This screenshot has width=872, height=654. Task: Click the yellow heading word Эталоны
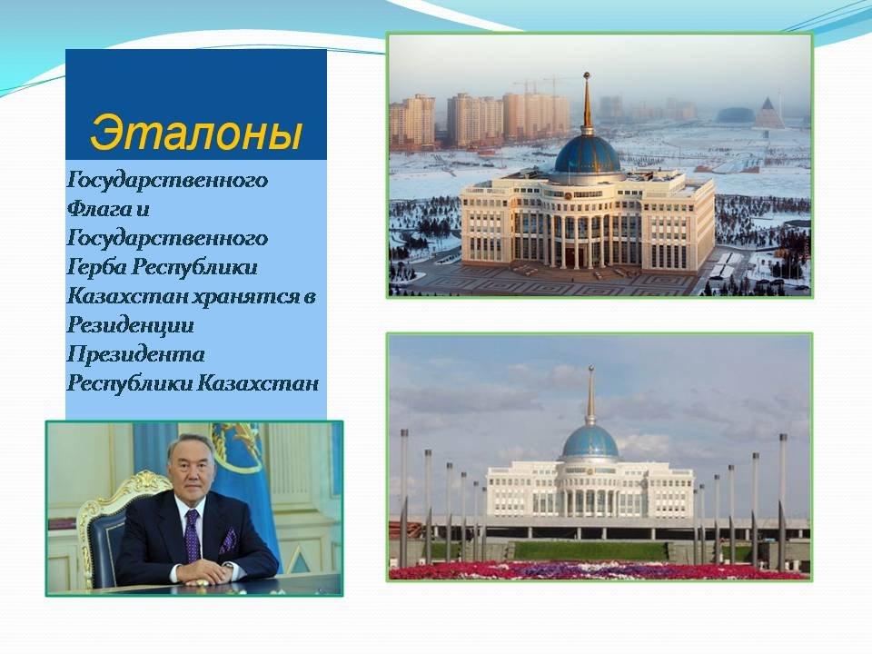pyautogui.click(x=196, y=134)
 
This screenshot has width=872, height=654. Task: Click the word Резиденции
pyautogui.click(x=130, y=325)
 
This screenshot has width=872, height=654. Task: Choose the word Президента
pyautogui.click(x=135, y=354)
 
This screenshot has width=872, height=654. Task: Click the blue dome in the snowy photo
pyautogui.click(x=588, y=154)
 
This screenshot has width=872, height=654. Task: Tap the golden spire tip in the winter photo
pyautogui.click(x=586, y=74)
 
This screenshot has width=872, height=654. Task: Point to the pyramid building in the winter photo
pyautogui.click(x=768, y=113)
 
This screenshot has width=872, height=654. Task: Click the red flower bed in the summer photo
pyautogui.click(x=599, y=570)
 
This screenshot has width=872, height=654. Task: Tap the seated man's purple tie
pyautogui.click(x=192, y=536)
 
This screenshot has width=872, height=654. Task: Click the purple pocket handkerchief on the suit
pyautogui.click(x=228, y=540)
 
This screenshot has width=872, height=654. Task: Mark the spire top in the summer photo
pyautogui.click(x=590, y=369)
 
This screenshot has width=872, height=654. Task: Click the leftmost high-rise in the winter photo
pyautogui.click(x=412, y=121)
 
